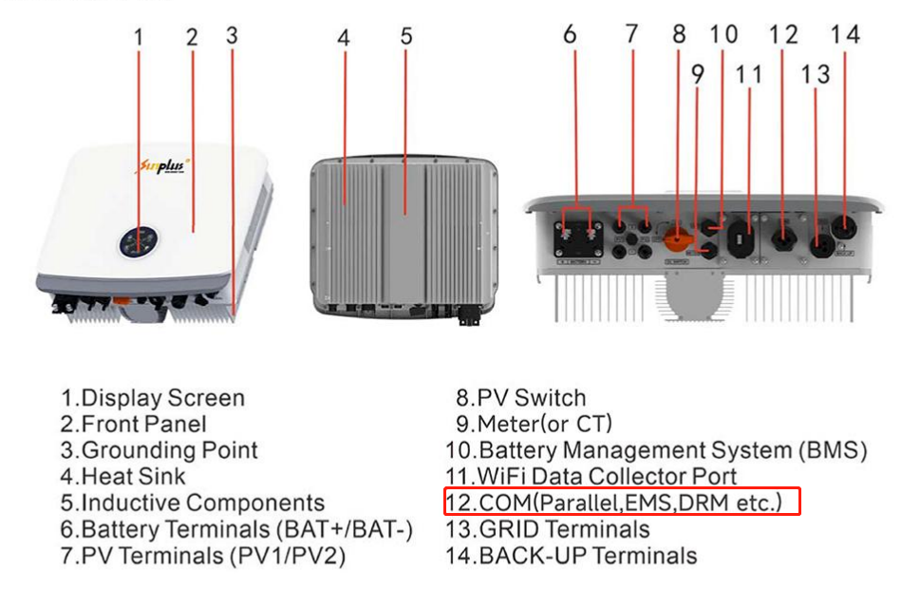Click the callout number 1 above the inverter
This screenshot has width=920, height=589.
[139, 37]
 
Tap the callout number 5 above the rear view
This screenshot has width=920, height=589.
[406, 37]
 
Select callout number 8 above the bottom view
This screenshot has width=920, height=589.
[679, 34]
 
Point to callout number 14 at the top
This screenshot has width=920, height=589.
[844, 34]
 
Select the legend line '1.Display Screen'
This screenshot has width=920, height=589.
[153, 398]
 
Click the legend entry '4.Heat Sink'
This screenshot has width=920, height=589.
[123, 476]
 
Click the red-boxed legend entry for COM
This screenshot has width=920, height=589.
[623, 502]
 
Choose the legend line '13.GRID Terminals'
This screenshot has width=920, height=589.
[548, 528]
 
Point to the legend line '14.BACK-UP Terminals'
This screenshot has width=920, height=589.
[572, 555]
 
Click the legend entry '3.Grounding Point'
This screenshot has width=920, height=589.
[159, 450]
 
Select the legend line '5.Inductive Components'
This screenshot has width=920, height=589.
[193, 503]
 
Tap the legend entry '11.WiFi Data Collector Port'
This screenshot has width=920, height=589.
[591, 476]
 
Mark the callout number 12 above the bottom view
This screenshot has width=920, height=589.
[784, 34]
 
